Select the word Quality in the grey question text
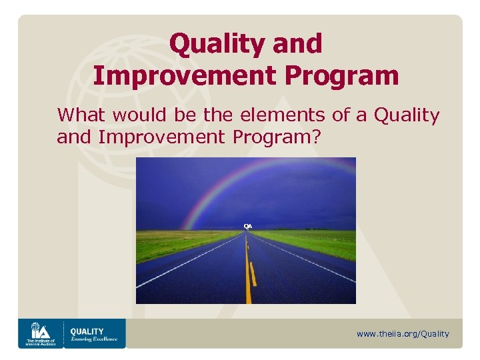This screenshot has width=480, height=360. (407, 115)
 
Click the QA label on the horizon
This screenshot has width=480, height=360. (247, 227)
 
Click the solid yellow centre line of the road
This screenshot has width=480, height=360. (247, 280)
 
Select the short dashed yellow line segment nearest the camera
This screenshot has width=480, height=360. (253, 274)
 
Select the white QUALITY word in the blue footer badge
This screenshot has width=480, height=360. (87, 331)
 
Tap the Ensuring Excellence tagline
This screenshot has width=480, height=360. (94, 339)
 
